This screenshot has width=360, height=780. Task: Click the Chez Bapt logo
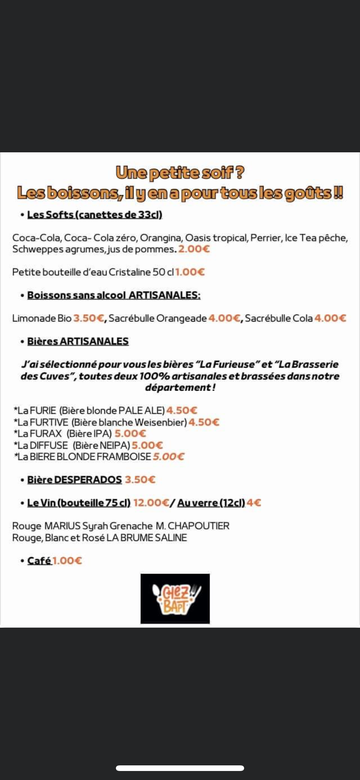pyautogui.click(x=175, y=598)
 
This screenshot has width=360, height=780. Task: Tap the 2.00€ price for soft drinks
pyautogui.click(x=193, y=249)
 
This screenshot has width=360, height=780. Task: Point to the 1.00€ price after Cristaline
pyautogui.click(x=190, y=272)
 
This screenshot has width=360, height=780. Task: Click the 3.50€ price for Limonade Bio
pyautogui.click(x=88, y=318)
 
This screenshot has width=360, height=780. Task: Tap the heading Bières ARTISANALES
pyautogui.click(x=78, y=341)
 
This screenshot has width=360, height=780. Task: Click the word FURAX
pyautogui.click(x=46, y=434)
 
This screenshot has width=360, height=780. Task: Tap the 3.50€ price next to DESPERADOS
pyautogui.click(x=140, y=479)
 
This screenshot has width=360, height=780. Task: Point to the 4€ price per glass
pyautogui.click(x=254, y=503)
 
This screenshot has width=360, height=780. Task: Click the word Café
pyautogui.click(x=39, y=561)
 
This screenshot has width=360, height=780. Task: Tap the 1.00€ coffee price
pyautogui.click(x=67, y=561)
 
